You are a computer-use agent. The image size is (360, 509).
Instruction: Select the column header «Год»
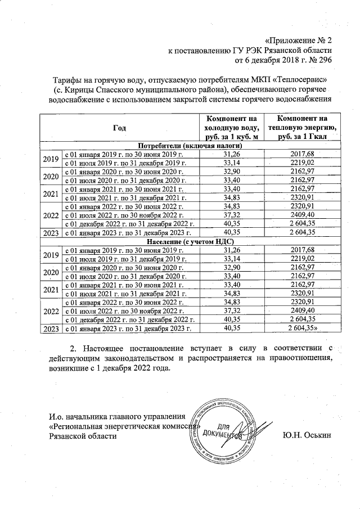pos(119,128)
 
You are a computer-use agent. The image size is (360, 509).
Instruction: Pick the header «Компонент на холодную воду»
pos(232,128)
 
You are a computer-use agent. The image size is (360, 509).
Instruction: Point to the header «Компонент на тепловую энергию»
pos(302,128)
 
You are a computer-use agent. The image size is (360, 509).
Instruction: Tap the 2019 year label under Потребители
pos(51,158)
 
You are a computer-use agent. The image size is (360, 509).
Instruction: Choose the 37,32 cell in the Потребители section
pos(232,214)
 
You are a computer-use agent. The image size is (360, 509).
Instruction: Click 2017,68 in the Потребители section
pos(302,154)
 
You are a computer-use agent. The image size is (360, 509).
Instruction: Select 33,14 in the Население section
pos(232,258)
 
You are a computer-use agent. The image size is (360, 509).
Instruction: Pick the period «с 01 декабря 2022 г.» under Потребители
pos(130,223)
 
